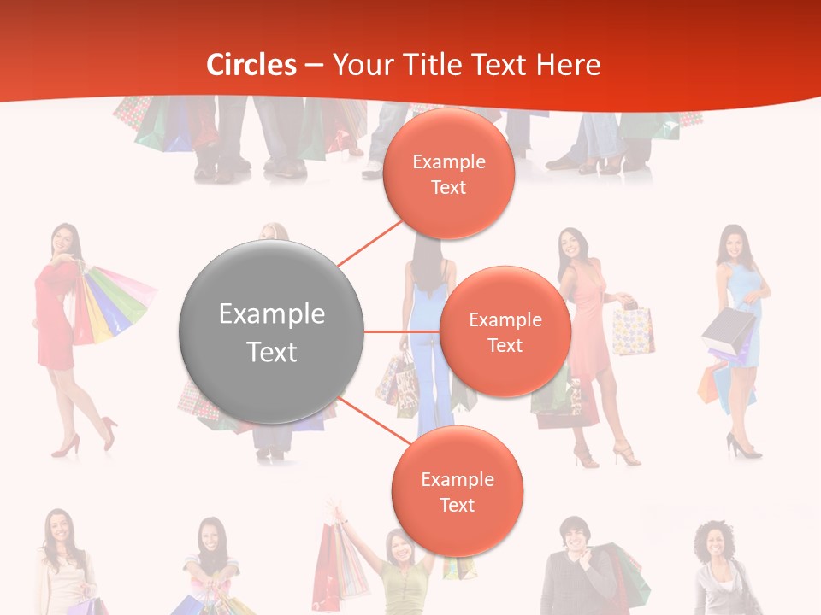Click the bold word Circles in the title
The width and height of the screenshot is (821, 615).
click(x=251, y=65)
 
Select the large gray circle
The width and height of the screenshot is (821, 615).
click(x=271, y=331)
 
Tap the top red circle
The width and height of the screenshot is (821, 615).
click(x=448, y=173)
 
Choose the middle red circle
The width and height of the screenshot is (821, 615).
click(x=505, y=331)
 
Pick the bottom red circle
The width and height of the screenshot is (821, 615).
click(x=457, y=491)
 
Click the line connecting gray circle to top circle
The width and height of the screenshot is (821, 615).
click(x=369, y=243)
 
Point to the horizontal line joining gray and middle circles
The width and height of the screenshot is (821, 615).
click(x=401, y=331)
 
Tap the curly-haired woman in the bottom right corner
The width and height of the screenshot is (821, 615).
click(x=717, y=564)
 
